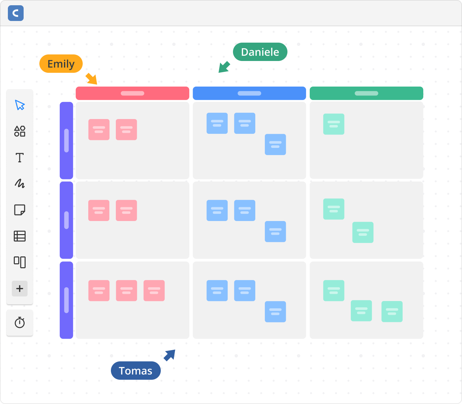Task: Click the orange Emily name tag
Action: tap(61, 64)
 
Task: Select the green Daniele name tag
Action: tap(260, 52)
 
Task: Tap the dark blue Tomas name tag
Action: tap(136, 371)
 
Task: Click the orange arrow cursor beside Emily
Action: tap(92, 79)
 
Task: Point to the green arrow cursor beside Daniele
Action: tap(224, 67)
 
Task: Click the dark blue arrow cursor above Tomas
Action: tap(170, 355)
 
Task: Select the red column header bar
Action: tap(132, 93)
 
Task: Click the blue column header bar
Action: tap(249, 93)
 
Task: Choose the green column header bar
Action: tap(366, 93)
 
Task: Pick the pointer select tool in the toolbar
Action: tap(20, 105)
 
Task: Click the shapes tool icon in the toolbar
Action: tap(20, 131)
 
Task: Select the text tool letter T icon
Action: tap(20, 158)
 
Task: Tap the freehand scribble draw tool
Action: tap(20, 183)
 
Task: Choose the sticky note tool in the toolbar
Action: tap(20, 210)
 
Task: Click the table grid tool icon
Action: tap(20, 236)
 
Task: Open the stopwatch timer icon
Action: tap(20, 323)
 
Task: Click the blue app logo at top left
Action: tap(16, 13)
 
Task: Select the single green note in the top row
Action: tap(334, 124)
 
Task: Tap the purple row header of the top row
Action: tap(66, 140)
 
